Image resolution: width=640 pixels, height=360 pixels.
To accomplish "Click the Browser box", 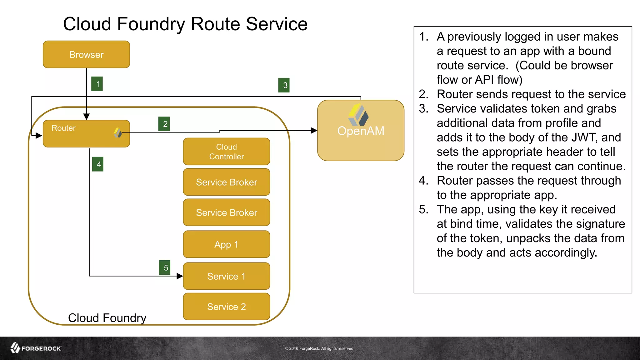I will point(86,54).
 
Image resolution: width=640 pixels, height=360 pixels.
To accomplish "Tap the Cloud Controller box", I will point(226,152).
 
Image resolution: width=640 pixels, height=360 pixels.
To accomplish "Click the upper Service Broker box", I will point(226,182).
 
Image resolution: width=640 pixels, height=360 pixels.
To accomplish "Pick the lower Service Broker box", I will point(226,212).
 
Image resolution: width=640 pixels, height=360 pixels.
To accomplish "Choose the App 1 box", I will point(226,244).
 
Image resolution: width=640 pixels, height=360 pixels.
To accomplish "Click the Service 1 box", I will point(226,276).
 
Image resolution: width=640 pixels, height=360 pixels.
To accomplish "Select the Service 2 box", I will point(226,307).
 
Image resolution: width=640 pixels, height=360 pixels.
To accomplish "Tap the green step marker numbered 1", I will point(97,84).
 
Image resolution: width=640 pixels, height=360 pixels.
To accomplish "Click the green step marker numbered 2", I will point(164,124).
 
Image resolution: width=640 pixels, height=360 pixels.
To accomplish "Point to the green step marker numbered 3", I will point(284,85).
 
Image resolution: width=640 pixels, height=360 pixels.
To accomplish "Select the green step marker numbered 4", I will point(98,164).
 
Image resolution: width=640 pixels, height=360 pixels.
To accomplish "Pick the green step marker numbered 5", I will point(165,267).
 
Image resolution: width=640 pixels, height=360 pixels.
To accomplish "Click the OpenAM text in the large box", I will point(361,131).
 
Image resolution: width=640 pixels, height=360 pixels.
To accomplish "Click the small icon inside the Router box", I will point(117,132).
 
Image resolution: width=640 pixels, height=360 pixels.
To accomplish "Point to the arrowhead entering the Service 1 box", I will point(180,276).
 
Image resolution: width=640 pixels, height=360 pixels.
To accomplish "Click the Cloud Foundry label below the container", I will point(107,318).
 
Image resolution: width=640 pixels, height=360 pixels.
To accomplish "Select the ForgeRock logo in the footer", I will point(36,348).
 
